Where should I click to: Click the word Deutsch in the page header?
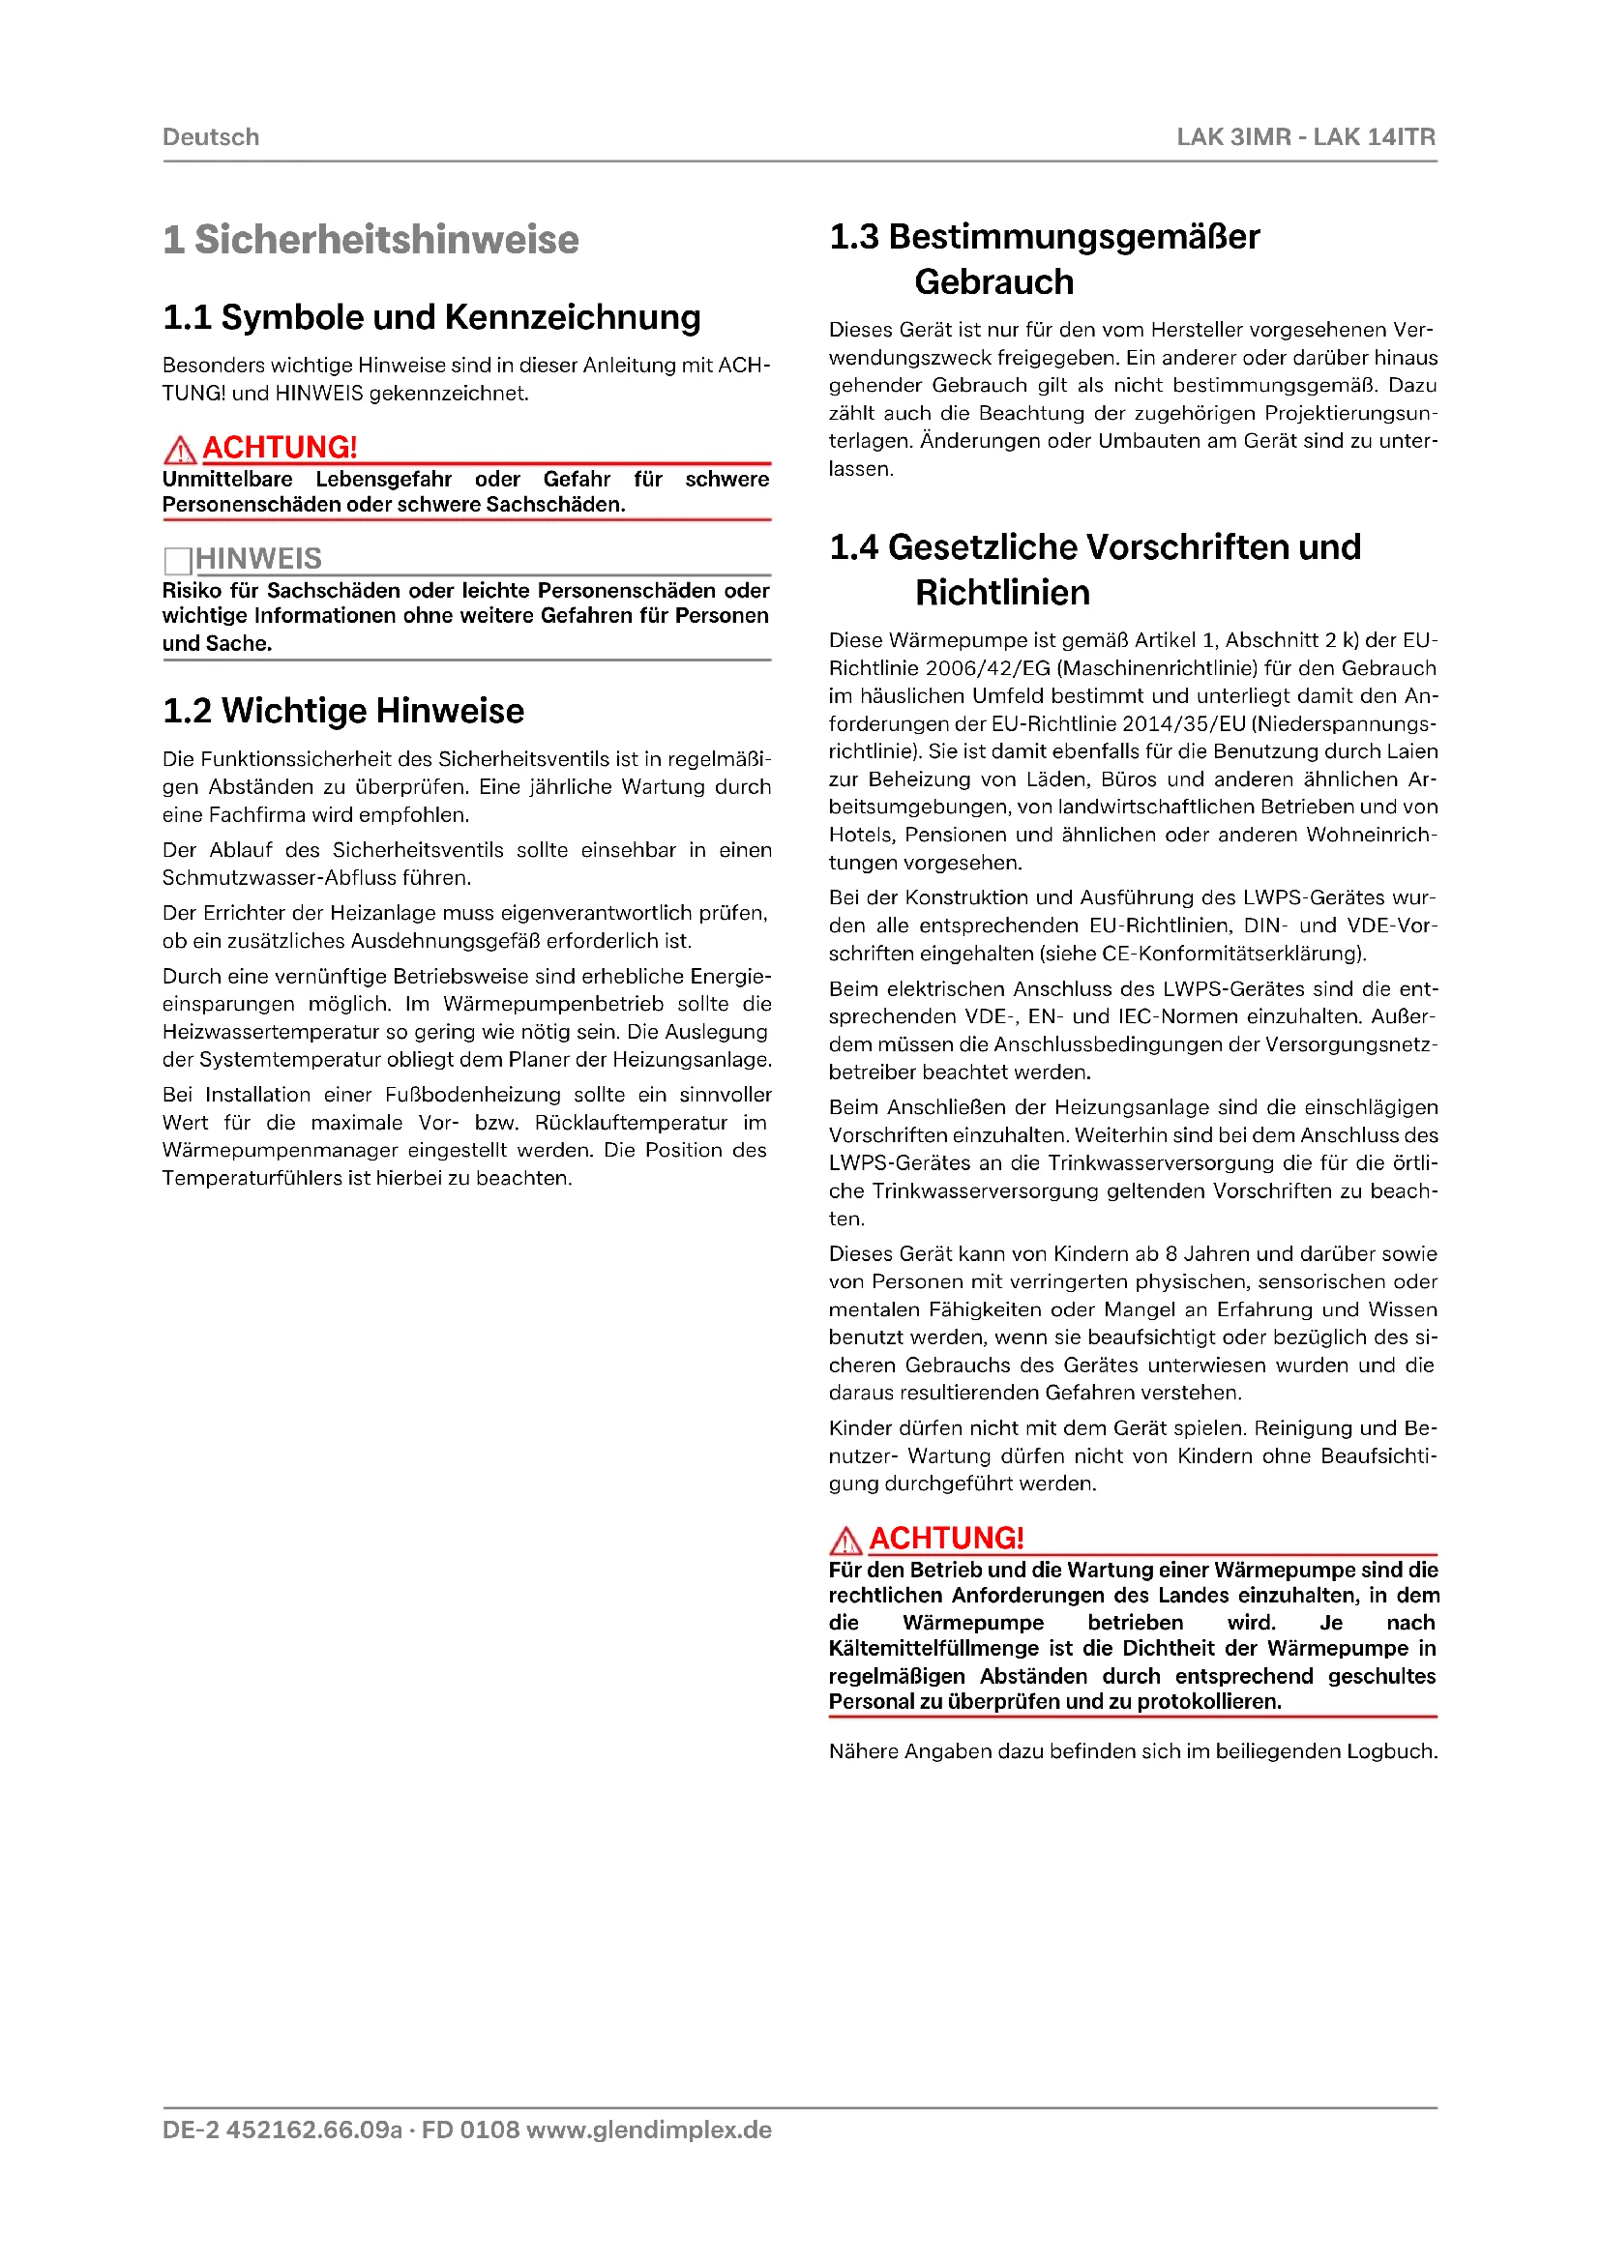211,137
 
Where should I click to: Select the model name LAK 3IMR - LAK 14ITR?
1305,137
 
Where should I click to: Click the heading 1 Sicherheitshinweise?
370,240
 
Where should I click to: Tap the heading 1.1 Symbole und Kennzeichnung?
431,317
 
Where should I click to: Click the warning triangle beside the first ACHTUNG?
179,451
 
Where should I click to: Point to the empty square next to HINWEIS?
177,561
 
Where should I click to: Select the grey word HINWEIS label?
258,559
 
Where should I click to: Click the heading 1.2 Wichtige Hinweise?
342,711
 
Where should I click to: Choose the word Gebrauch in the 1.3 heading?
993,282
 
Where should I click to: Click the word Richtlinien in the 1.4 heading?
1002,593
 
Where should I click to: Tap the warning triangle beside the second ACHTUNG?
845,1540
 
